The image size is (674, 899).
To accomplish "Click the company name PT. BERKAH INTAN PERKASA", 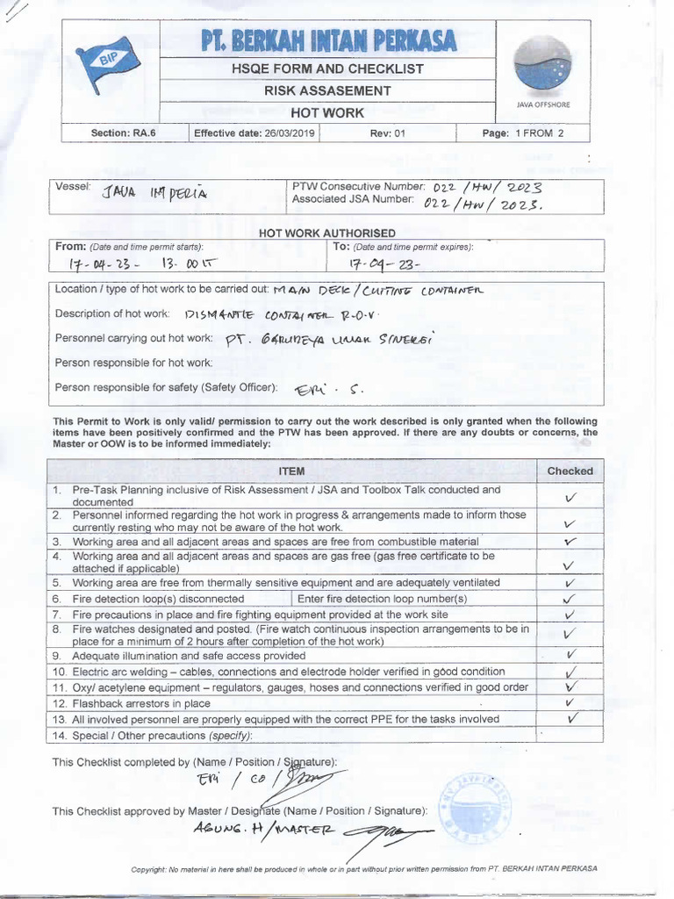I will (x=327, y=40).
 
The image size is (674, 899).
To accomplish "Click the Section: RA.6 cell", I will (x=122, y=133).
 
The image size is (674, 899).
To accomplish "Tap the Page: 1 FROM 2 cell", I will (x=523, y=133).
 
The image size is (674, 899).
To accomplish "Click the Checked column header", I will (x=570, y=471).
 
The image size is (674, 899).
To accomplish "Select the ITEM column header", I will (x=291, y=471).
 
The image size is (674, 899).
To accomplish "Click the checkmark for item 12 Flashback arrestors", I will (x=570, y=702).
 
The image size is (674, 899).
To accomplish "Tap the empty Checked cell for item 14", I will (x=570, y=734).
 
